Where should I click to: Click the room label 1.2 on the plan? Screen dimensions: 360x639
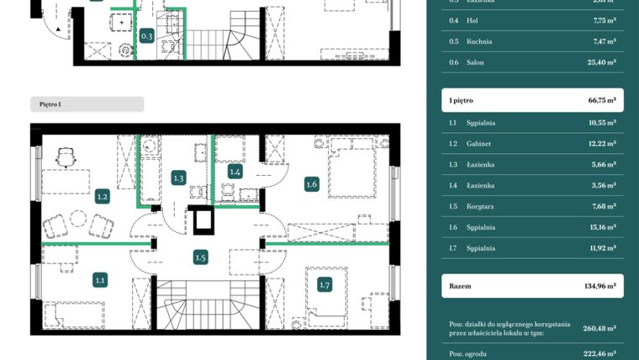click(102, 197)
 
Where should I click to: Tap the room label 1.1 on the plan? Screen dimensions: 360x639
click(100, 281)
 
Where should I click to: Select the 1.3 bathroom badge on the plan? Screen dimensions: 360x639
click(179, 177)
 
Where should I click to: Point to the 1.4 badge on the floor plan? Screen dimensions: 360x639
click(235, 172)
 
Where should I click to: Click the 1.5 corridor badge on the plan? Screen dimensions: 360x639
click(200, 258)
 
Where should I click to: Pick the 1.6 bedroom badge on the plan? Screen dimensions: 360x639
click(312, 184)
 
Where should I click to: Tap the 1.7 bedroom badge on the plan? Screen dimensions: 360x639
click(325, 285)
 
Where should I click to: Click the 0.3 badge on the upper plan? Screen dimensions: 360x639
click(146, 36)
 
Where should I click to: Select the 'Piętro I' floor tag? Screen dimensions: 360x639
click(50, 104)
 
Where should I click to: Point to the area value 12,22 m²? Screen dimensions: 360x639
click(600, 143)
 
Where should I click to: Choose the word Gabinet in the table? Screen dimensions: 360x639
click(481, 143)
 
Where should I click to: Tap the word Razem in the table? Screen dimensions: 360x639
click(461, 286)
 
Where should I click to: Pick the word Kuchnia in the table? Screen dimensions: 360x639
click(480, 41)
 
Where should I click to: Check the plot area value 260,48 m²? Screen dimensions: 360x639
click(599, 328)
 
